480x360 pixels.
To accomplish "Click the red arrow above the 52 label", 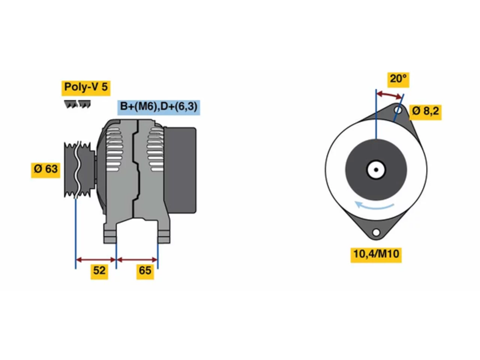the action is [x=96, y=260].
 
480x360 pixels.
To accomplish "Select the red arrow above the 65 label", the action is [x=137, y=260].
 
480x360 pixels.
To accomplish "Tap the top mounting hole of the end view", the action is [x=398, y=110].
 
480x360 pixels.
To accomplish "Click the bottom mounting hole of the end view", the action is [x=376, y=232].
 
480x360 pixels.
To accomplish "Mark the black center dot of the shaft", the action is [x=376, y=170].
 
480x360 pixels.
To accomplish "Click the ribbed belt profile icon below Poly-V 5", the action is [x=77, y=104].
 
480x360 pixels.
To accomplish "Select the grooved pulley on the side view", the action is [x=79, y=170].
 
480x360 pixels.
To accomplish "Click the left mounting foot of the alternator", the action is [x=110, y=232].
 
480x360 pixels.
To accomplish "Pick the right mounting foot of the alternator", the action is [x=164, y=232].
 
